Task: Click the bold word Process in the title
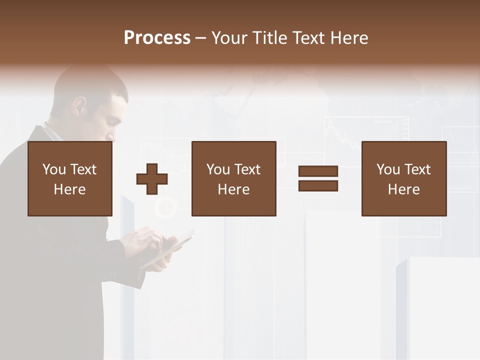(x=157, y=37)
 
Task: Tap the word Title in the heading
(x=269, y=37)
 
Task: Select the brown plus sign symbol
(x=152, y=179)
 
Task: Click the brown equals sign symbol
(x=318, y=178)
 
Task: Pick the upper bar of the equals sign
(x=318, y=171)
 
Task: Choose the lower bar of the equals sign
(x=318, y=185)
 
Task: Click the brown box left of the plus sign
(x=69, y=178)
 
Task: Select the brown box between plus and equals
(x=233, y=178)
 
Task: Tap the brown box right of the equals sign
(x=403, y=178)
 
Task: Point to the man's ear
(x=76, y=106)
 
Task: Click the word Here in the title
(x=349, y=37)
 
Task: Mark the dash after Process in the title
(x=200, y=38)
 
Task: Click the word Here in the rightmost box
(x=403, y=189)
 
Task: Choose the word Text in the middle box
(x=247, y=169)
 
